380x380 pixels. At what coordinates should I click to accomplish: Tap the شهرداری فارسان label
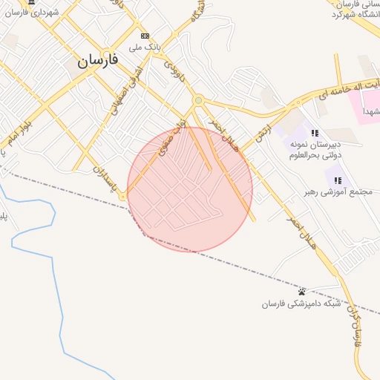coord(50,12)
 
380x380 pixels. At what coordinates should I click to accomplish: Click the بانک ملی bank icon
coord(145,36)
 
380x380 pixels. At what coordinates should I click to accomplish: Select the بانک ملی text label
coord(145,47)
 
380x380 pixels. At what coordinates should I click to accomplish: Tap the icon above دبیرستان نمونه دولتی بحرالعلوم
coord(315,133)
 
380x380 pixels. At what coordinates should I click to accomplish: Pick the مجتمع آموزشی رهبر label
coord(327,191)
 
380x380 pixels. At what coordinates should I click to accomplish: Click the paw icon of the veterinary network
coord(302,291)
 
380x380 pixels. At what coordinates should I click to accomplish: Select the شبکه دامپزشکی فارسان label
coord(301,304)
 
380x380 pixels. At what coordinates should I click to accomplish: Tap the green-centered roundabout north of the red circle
coord(197,99)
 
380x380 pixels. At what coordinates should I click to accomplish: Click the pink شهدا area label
coord(370,111)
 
